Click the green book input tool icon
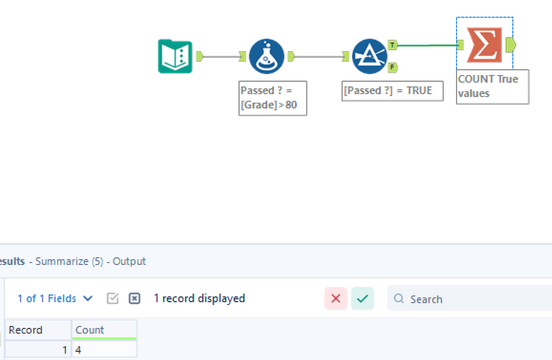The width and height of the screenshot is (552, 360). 175,56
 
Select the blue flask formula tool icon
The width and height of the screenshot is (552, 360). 267,56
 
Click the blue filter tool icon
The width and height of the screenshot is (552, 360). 369,56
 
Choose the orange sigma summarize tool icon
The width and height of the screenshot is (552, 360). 485,45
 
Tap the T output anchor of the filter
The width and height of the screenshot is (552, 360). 392,45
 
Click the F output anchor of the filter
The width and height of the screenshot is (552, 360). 392,67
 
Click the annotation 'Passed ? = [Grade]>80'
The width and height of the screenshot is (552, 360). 273,98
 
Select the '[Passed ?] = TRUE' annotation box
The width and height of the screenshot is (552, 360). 392,91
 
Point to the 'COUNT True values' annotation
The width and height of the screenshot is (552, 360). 492,87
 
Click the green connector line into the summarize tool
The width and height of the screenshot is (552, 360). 427,45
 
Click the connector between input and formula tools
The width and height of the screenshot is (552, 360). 221,56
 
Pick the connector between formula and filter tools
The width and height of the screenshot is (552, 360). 319,56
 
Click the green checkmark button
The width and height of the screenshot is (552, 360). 362,298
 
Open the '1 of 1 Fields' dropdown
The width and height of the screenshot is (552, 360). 55,298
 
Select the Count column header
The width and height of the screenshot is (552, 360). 104,330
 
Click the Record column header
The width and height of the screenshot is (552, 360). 38,330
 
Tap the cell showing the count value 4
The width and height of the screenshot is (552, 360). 104,350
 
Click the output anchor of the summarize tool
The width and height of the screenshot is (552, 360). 511,45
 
